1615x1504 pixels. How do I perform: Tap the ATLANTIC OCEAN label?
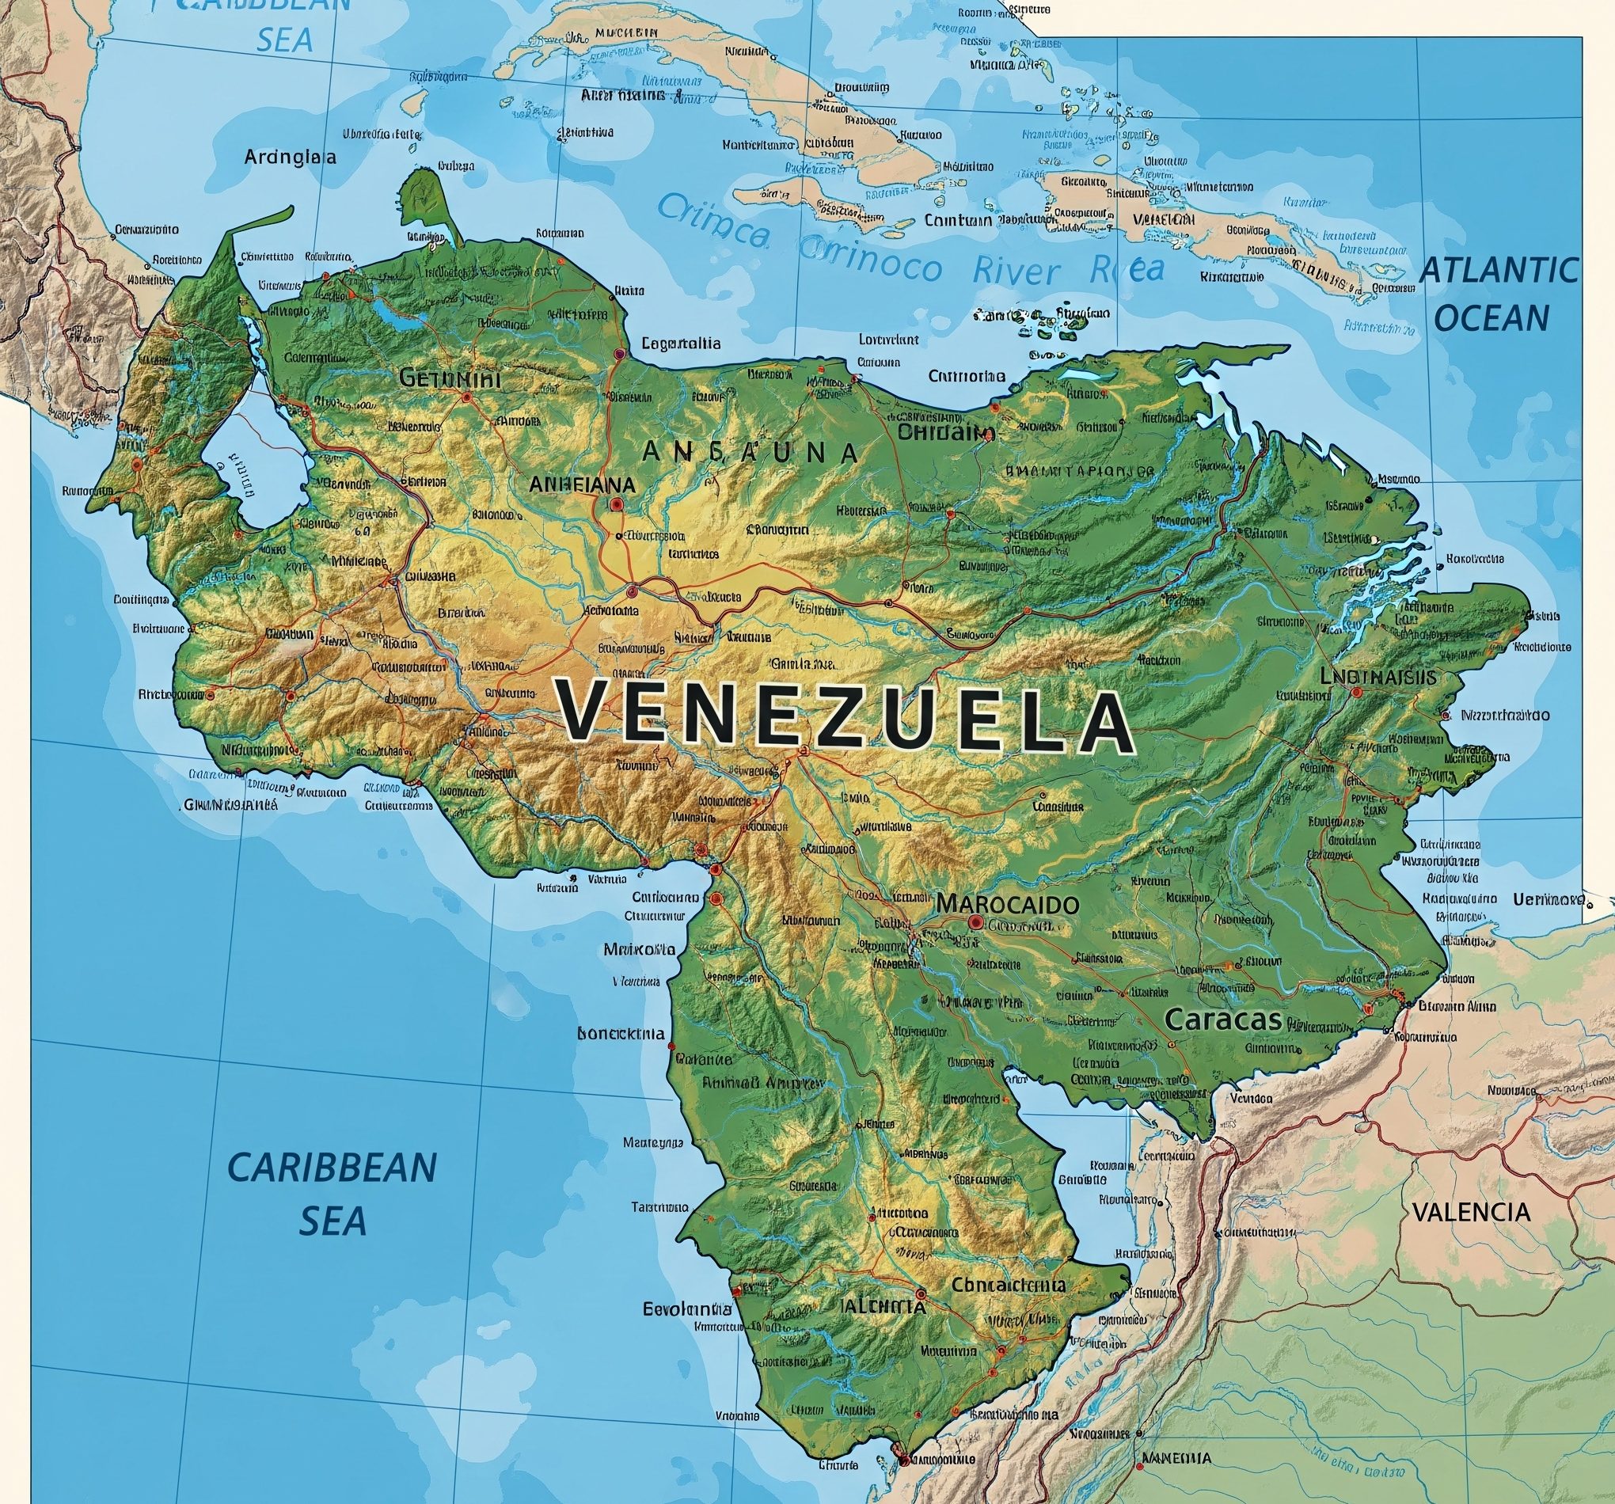(x=1497, y=294)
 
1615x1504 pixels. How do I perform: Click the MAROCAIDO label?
(x=1007, y=903)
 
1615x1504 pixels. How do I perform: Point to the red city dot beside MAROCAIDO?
(x=975, y=922)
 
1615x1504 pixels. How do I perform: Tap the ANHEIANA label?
(x=582, y=484)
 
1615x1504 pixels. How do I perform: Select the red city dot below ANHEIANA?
(x=615, y=504)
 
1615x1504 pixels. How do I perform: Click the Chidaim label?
(x=945, y=432)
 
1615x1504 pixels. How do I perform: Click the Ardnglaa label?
(x=290, y=158)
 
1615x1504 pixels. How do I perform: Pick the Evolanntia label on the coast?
(x=687, y=1309)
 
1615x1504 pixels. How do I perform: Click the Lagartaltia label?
(x=681, y=344)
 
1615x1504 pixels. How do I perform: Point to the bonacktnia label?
(x=621, y=1035)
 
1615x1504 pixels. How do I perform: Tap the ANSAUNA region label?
(x=749, y=453)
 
